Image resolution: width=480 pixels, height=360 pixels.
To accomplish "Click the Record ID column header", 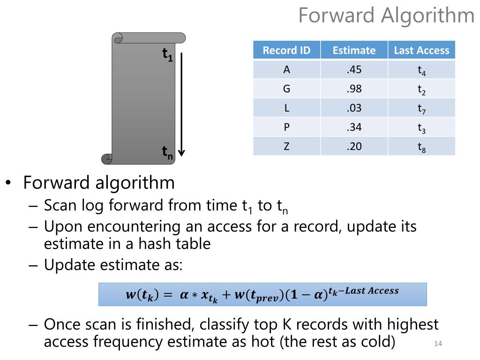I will (x=286, y=50).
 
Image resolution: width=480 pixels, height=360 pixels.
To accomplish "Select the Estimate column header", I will (x=354, y=50).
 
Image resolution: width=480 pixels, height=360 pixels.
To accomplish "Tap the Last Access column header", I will (x=421, y=50).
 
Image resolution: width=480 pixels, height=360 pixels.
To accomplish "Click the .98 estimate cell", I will (x=354, y=89).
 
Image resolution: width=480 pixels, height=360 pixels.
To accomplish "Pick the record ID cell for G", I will (x=286, y=89).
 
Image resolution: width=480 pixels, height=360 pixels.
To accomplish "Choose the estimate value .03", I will (x=354, y=108).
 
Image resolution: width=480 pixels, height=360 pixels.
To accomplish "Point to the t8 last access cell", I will (x=421, y=147).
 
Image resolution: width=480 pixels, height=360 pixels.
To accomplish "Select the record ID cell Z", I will (x=286, y=146).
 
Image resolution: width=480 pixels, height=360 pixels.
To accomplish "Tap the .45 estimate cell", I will (x=354, y=70).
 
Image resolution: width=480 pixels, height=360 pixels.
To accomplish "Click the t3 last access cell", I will (x=421, y=127).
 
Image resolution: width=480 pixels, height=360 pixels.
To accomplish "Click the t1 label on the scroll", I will (x=167, y=55).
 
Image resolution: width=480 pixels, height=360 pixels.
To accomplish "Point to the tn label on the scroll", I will (x=167, y=152).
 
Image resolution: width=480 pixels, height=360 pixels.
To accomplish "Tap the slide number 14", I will (x=438, y=344).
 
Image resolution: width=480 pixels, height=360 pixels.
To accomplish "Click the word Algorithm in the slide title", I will (x=427, y=15).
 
